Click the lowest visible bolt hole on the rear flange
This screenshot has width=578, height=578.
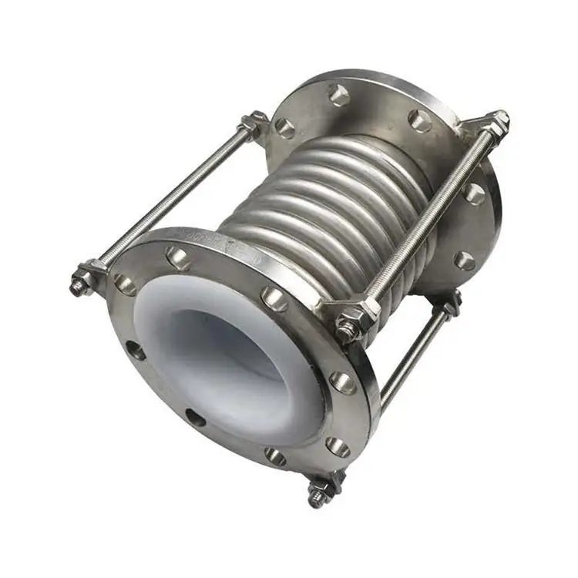point(464,260)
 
